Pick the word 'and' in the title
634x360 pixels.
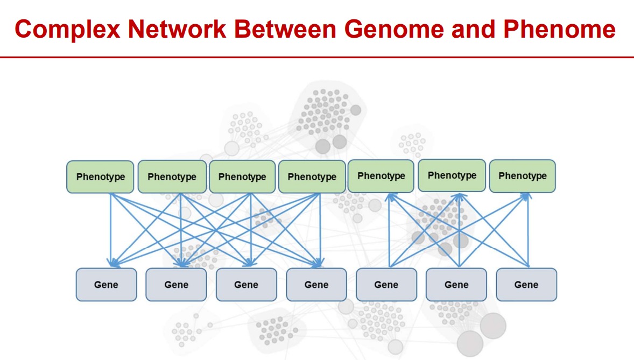474,29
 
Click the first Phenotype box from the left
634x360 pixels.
100,177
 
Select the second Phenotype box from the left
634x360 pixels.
172,177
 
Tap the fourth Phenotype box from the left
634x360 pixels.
312,177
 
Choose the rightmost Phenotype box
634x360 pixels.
522,176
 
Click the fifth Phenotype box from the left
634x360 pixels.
381,176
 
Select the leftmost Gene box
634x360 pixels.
106,285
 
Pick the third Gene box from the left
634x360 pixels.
246,285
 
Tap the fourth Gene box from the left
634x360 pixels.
316,285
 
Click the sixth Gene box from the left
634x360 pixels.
456,285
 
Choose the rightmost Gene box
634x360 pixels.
526,285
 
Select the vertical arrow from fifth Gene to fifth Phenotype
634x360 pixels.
389,231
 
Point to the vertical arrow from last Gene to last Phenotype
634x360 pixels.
529,231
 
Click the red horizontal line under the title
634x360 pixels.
317,57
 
